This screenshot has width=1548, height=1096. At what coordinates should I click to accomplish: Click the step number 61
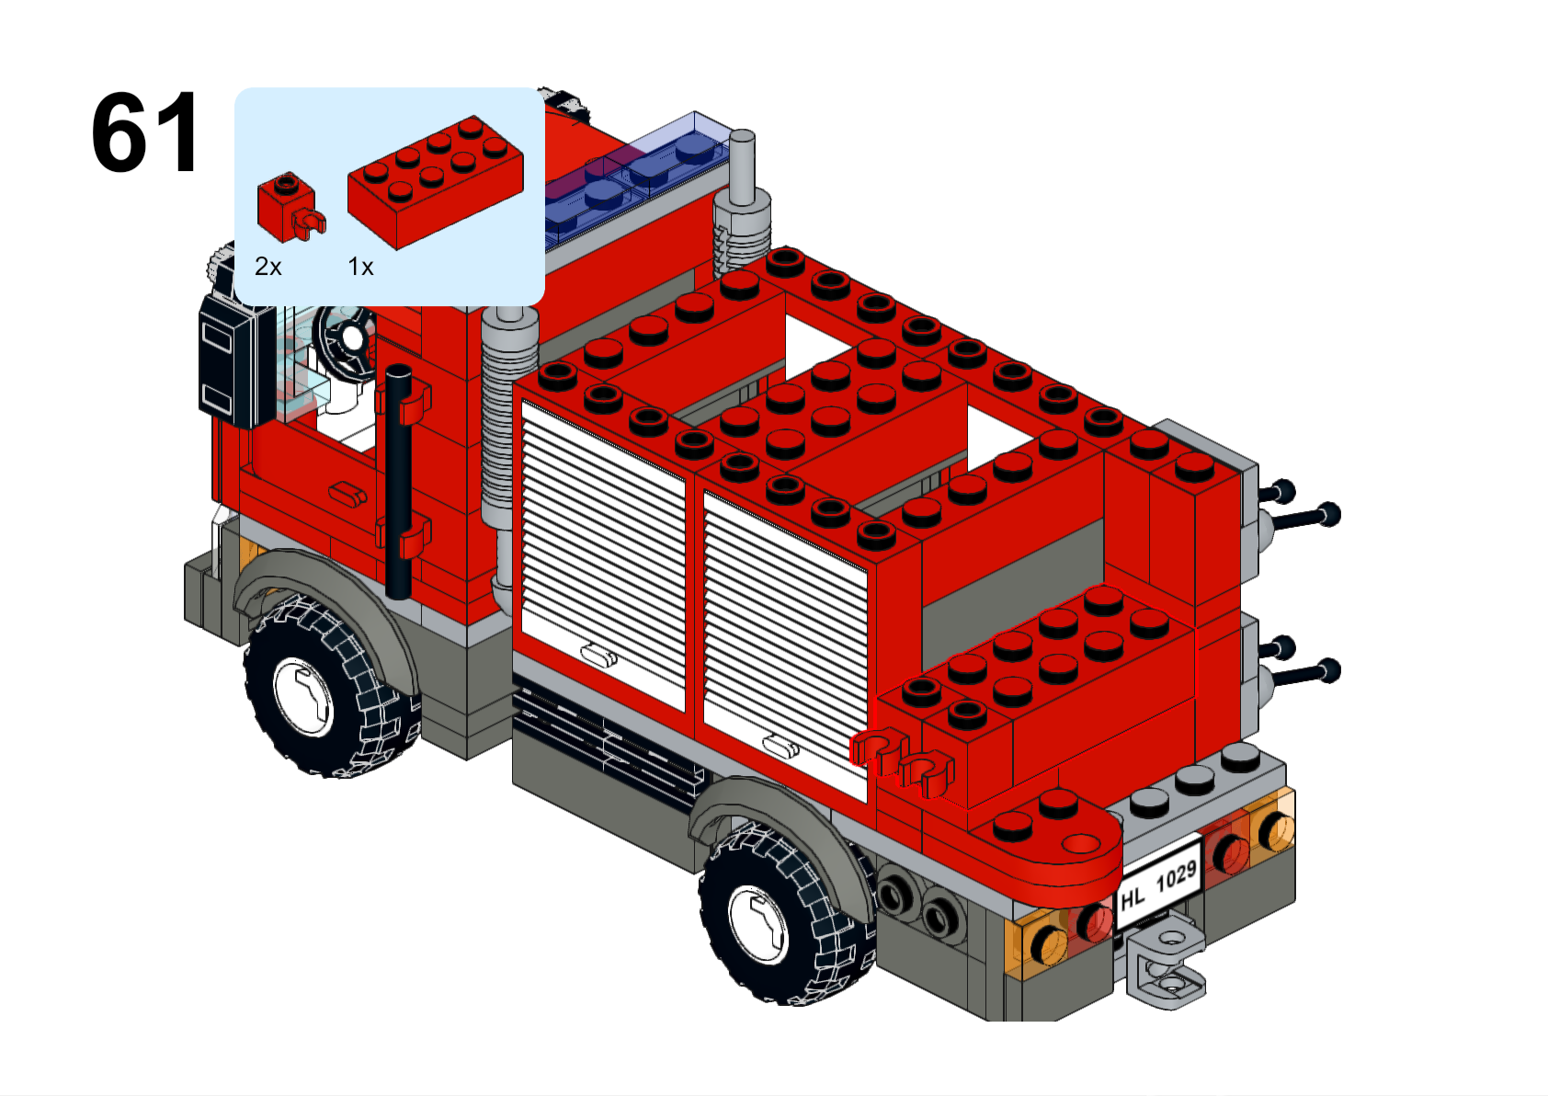click(x=145, y=131)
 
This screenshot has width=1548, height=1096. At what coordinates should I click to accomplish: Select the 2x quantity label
click(x=268, y=266)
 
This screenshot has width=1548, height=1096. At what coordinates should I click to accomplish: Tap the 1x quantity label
click(x=360, y=266)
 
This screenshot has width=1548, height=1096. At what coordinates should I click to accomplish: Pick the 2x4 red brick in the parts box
click(x=436, y=182)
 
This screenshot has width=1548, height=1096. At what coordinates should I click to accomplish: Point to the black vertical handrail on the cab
click(x=399, y=482)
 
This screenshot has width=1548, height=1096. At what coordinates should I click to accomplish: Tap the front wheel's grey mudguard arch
click(x=324, y=594)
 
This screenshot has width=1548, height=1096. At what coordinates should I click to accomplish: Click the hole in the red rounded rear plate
click(x=1080, y=844)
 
